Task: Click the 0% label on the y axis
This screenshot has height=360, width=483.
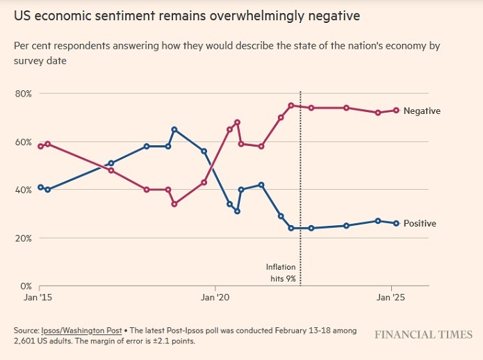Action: pyautogui.click(x=26, y=286)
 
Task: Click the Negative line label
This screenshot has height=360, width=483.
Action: pyautogui.click(x=422, y=111)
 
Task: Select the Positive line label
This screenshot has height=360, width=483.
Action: pyautogui.click(x=420, y=223)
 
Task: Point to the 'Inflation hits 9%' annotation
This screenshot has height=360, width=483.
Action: pyautogui.click(x=282, y=272)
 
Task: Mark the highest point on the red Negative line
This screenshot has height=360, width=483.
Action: pyautogui.click(x=291, y=106)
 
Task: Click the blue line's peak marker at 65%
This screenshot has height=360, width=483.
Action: pyautogui.click(x=174, y=130)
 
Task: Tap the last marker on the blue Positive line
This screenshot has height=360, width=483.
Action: pyautogui.click(x=396, y=223)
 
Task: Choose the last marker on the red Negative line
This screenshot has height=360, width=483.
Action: pyautogui.click(x=396, y=111)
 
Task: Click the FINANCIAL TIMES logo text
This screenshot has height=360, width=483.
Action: pyautogui.click(x=424, y=335)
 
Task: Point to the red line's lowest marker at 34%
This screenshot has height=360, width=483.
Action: pyautogui.click(x=174, y=204)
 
